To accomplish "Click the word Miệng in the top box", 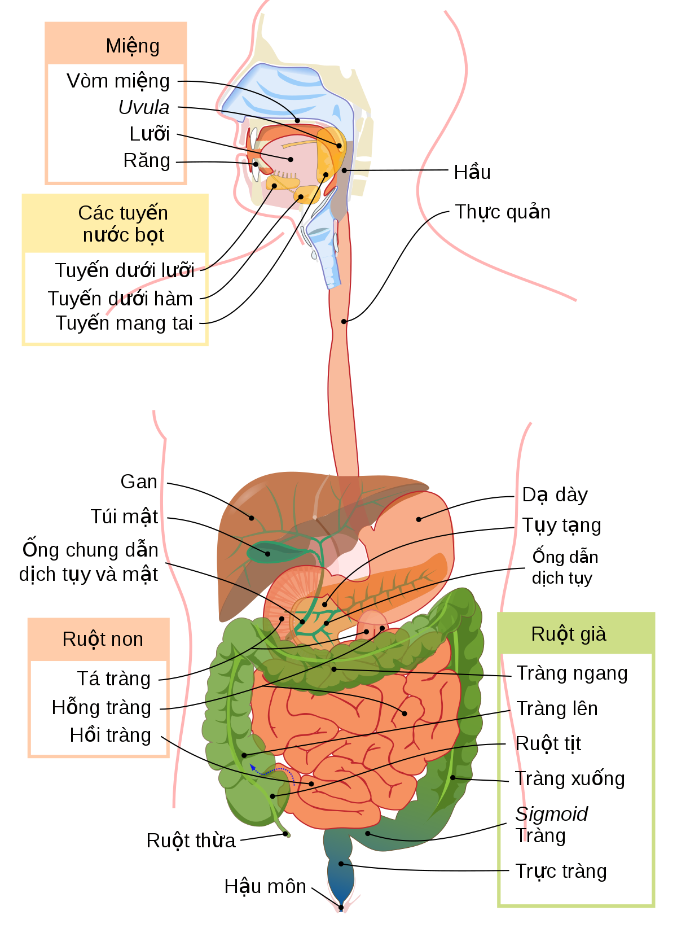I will coord(133,46).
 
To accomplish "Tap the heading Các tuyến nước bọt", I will coord(123,224).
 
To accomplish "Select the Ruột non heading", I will coord(103,639).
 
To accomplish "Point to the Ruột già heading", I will coord(569,634).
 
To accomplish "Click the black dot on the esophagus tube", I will coord(344,321).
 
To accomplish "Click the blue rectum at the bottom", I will coord(341,872).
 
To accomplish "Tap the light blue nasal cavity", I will coord(282,90).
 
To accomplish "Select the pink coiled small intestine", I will coord(361,734).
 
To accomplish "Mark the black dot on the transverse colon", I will coord(334,669).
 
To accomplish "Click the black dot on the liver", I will coord(252,518).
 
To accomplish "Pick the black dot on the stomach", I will coord(419,519).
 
